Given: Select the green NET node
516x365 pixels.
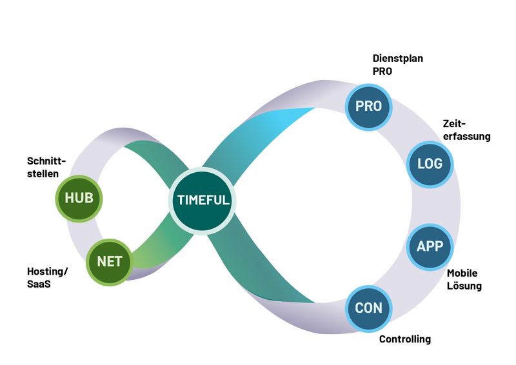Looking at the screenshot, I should click(x=110, y=262).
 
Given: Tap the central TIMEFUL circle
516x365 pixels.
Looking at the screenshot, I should click(x=203, y=200).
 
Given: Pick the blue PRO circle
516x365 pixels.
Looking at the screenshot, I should click(x=368, y=106).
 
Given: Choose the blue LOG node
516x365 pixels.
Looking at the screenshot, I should click(x=430, y=163).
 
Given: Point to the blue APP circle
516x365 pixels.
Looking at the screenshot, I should click(x=430, y=246).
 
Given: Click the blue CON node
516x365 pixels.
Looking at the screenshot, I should click(x=368, y=308).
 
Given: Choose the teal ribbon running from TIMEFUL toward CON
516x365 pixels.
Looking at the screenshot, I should click(x=271, y=271).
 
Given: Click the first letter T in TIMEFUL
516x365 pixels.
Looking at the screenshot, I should click(x=179, y=200).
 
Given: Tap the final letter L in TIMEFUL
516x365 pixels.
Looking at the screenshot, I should click(x=226, y=200).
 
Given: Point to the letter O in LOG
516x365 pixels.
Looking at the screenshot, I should click(x=430, y=163).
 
